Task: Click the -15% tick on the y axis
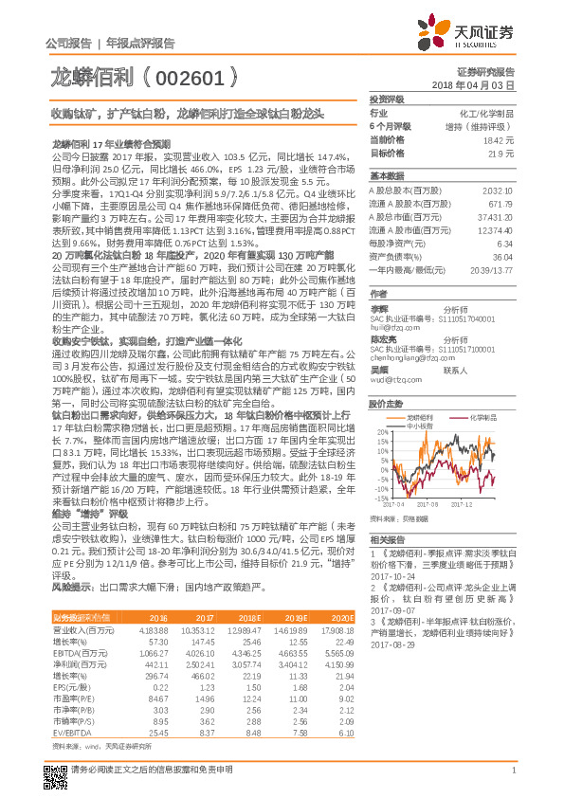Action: point(380,497)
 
